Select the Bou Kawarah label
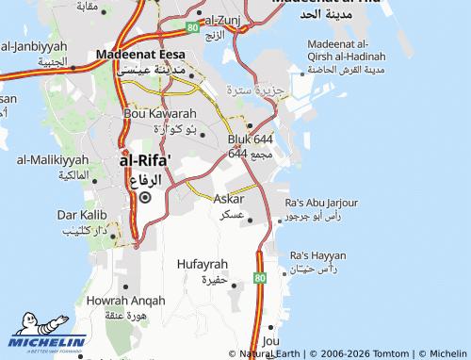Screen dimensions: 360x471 pos(161,113)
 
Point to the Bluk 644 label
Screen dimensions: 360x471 pos(251,139)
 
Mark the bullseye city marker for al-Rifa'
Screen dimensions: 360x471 pos(144,198)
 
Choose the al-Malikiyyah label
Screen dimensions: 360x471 pos(52,160)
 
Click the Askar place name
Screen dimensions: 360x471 pos(229,199)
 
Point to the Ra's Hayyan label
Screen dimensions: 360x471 pos(317,255)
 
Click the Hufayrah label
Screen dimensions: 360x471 pos(203,265)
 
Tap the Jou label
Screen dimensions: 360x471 pos(272,340)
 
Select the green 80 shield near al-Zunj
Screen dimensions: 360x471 pos(192,29)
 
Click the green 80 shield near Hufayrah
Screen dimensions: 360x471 pos(261,278)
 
